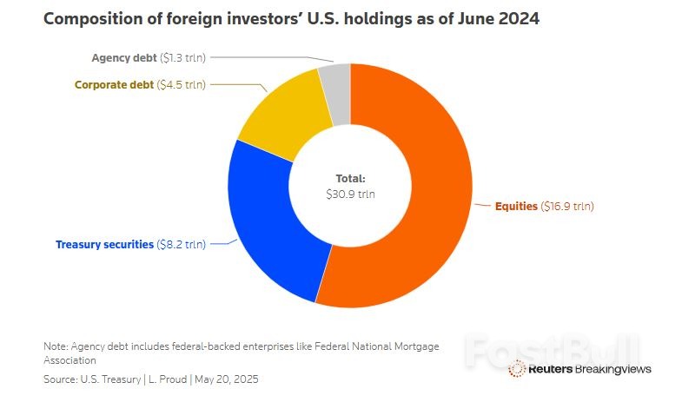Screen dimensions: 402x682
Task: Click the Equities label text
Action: coord(516,207)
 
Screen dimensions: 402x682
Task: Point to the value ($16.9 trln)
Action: coord(567,207)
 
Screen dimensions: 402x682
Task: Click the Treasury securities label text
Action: coord(104,245)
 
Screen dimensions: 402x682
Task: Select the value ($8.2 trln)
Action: coord(181,245)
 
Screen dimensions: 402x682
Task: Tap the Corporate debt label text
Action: coord(113,85)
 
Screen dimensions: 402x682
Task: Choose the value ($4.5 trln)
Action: coord(181,85)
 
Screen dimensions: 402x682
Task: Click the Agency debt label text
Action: coord(124,58)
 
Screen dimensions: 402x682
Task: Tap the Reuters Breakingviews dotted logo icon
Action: coord(516,369)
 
